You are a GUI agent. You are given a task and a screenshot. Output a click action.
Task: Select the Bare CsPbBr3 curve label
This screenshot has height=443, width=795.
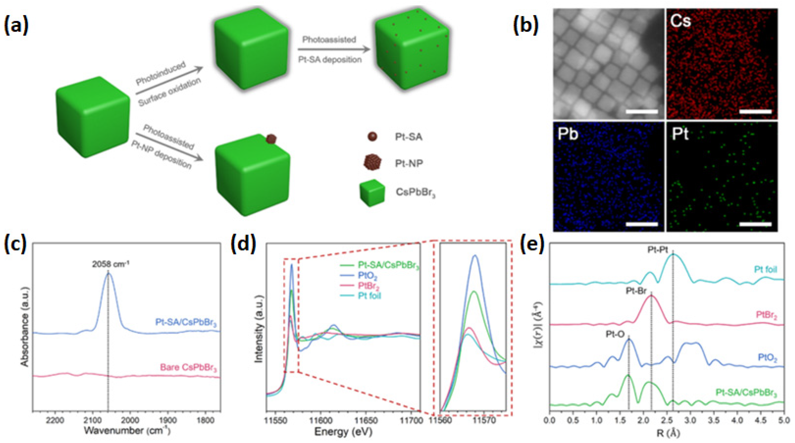click(x=188, y=368)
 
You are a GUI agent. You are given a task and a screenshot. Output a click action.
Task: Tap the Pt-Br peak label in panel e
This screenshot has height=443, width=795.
click(x=636, y=291)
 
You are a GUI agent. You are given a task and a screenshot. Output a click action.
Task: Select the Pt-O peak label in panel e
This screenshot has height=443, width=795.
click(x=615, y=334)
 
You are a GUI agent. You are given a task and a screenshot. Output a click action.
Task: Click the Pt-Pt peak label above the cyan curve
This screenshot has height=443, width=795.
click(x=657, y=250)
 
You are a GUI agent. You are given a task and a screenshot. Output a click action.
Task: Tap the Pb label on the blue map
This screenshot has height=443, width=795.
click(x=568, y=135)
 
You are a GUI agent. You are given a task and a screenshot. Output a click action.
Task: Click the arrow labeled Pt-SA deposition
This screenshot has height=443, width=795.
click(x=333, y=49)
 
